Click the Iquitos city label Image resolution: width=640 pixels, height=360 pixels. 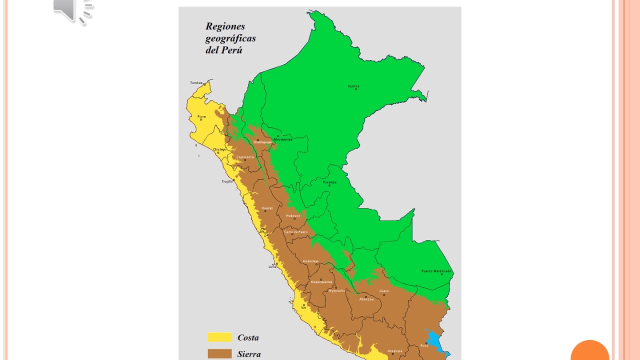coord(353,86)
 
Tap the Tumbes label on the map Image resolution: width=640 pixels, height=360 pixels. coord(196,82)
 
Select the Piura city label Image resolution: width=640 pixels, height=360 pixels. coord(201,116)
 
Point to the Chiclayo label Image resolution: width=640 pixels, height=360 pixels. coord(219,149)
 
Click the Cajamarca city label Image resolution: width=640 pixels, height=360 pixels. coord(245,156)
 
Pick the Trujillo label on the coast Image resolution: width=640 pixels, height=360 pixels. coord(227,181)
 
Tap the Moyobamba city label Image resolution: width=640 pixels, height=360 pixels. coord(283,139)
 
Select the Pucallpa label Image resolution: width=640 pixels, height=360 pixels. coord(329,182)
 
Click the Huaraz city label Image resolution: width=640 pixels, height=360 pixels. coord(267,207)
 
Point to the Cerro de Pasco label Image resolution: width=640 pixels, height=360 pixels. coord(296,232)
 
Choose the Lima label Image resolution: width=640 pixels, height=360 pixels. coord(272,266)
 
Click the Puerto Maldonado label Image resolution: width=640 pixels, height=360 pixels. coord(436,271)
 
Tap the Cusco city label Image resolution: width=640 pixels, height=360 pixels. coord(384,290)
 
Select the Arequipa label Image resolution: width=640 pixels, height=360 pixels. coord(394,350)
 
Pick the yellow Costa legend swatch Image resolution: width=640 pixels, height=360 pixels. coord(219,337)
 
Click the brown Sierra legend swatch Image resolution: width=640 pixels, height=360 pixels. coord(219,353)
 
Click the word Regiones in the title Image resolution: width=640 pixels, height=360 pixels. coord(225,26)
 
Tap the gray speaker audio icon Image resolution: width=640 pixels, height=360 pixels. coord(73,11)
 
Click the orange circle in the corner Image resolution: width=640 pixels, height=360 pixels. coord(590,352)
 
